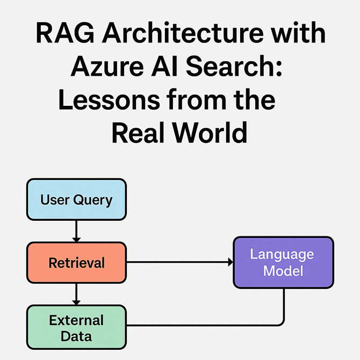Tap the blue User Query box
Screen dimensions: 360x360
[x=76, y=200]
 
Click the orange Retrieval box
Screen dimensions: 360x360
[x=76, y=263]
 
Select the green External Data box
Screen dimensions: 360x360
[x=76, y=328]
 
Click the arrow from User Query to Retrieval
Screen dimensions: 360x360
[x=76, y=232]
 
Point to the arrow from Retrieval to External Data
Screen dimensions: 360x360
[x=76, y=294]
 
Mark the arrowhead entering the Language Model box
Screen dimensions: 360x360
[x=230, y=263]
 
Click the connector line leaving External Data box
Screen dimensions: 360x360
[x=204, y=326]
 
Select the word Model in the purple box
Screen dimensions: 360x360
[x=284, y=270]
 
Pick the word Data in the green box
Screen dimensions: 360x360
[x=76, y=337]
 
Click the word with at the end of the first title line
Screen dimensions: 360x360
[x=299, y=35]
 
